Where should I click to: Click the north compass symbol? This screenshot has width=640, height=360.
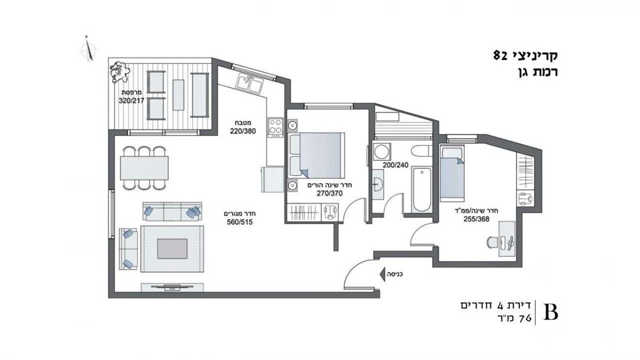click(89, 50)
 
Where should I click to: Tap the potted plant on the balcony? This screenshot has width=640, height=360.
click(120, 73)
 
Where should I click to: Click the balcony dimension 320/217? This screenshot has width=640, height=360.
click(131, 101)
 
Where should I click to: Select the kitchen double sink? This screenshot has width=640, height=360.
click(249, 83)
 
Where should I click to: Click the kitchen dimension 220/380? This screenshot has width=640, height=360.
click(243, 131)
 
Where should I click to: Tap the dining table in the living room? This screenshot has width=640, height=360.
click(145, 167)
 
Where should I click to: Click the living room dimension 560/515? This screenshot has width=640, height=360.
click(240, 222)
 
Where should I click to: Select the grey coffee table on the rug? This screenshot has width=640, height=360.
click(172, 249)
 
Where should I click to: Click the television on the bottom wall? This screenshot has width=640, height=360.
click(172, 286)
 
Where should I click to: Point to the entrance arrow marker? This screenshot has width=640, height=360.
click(382, 274)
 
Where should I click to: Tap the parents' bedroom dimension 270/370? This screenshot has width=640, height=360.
click(330, 194)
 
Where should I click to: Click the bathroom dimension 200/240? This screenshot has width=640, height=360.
click(395, 165)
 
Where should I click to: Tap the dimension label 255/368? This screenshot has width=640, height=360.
click(476, 219)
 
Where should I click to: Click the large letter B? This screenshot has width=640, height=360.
click(550, 314)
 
